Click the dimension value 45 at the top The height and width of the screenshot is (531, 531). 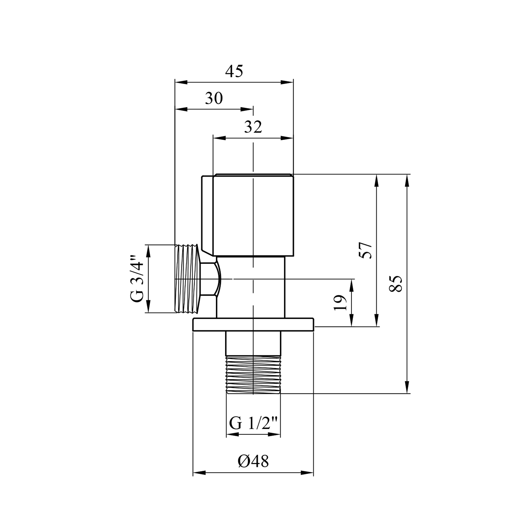point(234,72)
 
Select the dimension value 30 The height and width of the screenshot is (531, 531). point(214,98)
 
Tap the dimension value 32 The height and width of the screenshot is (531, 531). point(253,127)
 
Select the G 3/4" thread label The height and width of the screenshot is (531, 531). point(137,278)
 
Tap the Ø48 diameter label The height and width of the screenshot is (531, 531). point(253,462)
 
